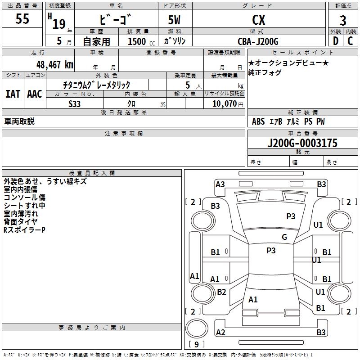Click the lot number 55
[22, 19]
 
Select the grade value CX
[258, 20]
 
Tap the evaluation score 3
[343, 20]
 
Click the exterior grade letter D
[335, 41]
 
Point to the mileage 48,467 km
[54, 64]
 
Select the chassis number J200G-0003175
[302, 143]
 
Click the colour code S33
[75, 103]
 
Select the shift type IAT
[13, 94]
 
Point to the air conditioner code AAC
[35, 94]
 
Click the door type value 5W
[175, 20]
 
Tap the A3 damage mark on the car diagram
[220, 184]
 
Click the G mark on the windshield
[284, 237]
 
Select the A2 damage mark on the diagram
[220, 332]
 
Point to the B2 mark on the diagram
[221, 292]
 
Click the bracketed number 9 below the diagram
[196, 344]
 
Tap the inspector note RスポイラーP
[25, 230]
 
